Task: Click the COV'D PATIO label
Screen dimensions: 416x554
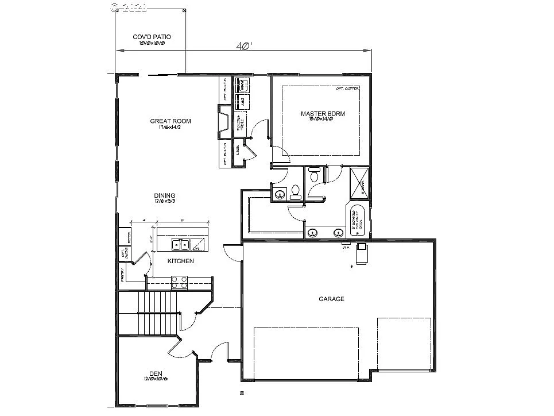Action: pos(152,37)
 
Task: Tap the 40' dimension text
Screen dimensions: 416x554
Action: pos(244,47)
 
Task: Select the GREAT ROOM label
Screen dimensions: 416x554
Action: pos(171,121)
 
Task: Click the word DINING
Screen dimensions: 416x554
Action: pos(164,195)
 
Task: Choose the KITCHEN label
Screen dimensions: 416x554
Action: pos(180,261)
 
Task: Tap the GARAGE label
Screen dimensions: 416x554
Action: pos(331,299)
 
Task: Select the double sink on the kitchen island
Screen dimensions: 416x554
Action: pos(180,245)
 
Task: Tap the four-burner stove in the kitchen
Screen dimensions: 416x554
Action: pos(179,282)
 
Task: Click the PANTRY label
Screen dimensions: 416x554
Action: pos(123,275)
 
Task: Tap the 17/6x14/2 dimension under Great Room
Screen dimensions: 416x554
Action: pos(171,128)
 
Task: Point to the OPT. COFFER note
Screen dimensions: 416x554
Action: pos(347,89)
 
